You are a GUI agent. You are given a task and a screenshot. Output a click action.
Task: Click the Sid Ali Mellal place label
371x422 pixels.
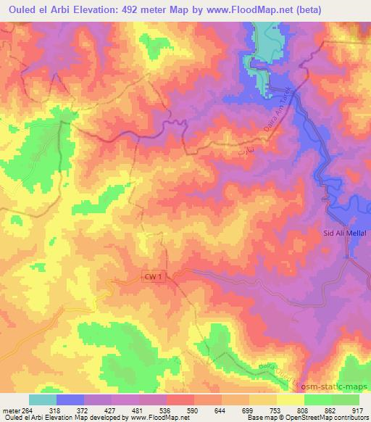(x=345, y=233)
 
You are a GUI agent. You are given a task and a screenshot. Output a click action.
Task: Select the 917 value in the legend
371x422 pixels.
(x=356, y=410)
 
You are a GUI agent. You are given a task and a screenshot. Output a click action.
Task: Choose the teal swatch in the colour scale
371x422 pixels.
(x=42, y=400)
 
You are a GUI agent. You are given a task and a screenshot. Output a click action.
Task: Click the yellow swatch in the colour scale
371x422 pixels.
(x=290, y=400)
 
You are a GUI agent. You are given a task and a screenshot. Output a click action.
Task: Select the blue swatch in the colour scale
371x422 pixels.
(x=70, y=400)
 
